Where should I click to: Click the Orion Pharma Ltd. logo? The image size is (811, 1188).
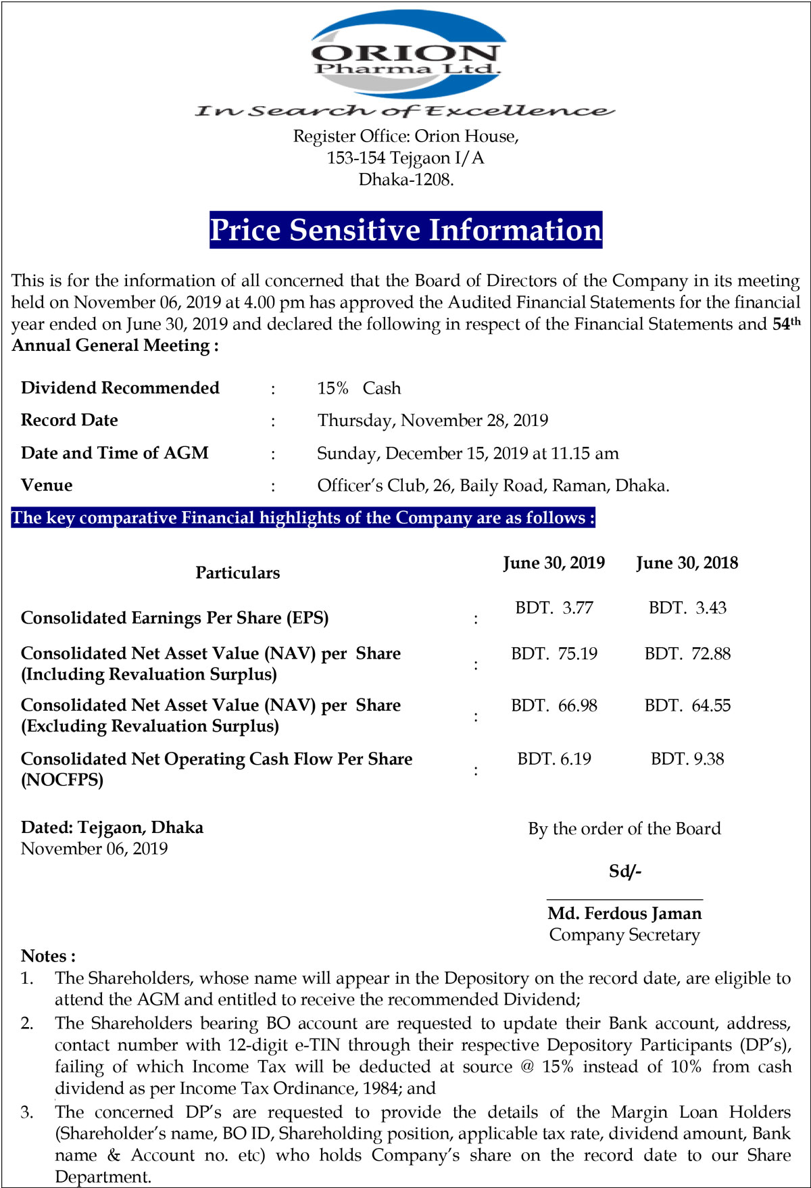[x=405, y=54]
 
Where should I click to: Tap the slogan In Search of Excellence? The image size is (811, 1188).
[x=404, y=110]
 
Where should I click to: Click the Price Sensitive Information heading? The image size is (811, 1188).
[x=405, y=230]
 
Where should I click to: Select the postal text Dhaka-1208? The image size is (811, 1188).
[x=405, y=179]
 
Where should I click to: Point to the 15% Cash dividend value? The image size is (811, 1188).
[x=359, y=388]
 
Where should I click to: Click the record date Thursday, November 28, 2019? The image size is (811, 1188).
[x=433, y=421]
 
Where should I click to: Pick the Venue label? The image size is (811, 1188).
[x=47, y=485]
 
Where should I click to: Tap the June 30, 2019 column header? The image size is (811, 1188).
[x=554, y=563]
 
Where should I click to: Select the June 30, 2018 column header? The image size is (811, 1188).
[x=687, y=563]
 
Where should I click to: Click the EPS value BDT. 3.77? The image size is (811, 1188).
[x=554, y=608]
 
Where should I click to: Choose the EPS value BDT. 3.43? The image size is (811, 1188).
[x=687, y=608]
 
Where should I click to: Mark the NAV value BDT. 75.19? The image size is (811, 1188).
[x=554, y=654]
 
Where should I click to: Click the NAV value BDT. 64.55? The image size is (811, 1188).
[x=687, y=706]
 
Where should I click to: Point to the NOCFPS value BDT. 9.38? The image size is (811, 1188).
[x=687, y=759]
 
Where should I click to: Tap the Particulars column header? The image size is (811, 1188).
[x=237, y=573]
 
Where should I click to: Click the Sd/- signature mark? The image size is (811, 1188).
[x=624, y=871]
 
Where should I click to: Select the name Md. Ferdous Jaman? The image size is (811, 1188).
[x=624, y=913]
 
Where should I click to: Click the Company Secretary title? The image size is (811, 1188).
[x=624, y=935]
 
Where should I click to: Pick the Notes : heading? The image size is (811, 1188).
[x=48, y=956]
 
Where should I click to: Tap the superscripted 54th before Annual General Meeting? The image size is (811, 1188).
[x=786, y=324]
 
